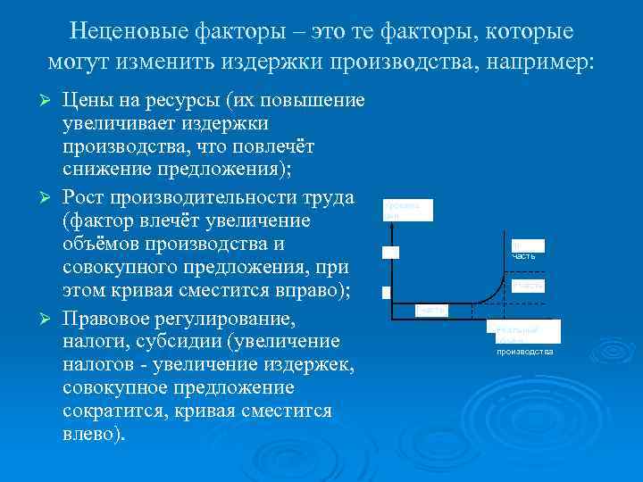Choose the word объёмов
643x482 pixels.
(104, 243)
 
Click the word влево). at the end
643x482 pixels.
(95, 435)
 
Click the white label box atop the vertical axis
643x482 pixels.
(407, 210)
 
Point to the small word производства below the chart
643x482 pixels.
(525, 352)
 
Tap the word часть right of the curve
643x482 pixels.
(523, 257)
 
